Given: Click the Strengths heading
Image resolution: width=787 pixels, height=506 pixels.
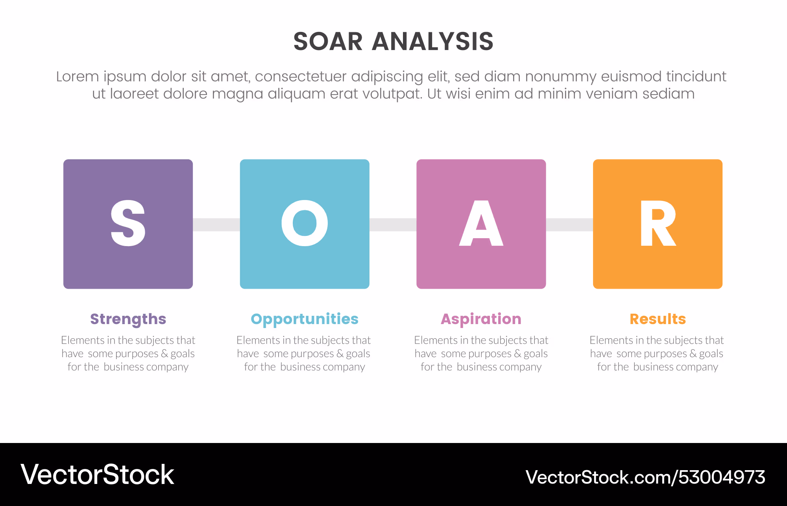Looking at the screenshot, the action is [x=128, y=319].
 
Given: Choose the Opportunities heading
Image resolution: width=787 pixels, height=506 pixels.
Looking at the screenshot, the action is [x=305, y=319].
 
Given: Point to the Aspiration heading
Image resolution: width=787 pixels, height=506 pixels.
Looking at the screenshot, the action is [x=481, y=319].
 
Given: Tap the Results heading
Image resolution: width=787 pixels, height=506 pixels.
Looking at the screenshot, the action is [x=658, y=319].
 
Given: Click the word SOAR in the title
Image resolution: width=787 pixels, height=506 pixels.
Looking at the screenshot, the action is [x=328, y=41].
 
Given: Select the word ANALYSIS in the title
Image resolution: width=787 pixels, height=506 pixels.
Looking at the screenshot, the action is [x=433, y=41].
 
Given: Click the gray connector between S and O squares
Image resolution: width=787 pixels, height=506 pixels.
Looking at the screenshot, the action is [x=216, y=224].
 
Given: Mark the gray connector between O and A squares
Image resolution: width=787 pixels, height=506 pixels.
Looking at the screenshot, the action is [x=393, y=224].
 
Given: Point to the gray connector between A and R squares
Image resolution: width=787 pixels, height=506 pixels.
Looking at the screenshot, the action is [x=569, y=224].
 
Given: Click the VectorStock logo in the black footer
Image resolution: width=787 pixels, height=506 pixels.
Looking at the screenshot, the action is [x=97, y=474].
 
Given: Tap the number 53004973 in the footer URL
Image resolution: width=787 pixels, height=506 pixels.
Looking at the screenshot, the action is [x=722, y=477].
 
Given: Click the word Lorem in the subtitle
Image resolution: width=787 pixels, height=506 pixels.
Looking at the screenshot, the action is [x=78, y=76].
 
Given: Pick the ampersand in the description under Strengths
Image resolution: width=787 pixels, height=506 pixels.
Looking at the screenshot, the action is [x=164, y=354].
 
